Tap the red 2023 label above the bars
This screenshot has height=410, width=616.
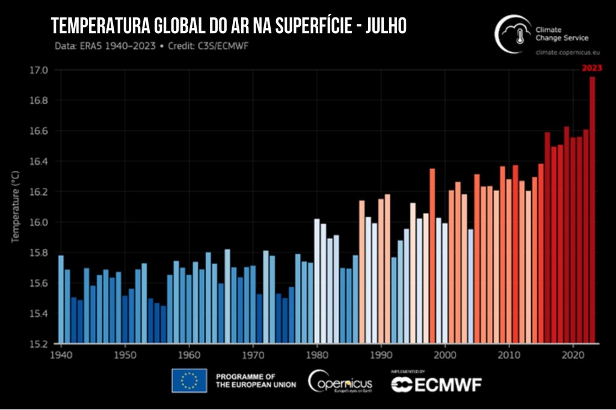click(591, 68)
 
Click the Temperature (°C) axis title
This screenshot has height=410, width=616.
click(16, 206)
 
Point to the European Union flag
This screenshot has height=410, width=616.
click(189, 381)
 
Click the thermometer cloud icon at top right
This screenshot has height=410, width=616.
click(513, 34)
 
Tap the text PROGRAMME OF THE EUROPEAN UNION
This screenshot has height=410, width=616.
click(256, 381)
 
